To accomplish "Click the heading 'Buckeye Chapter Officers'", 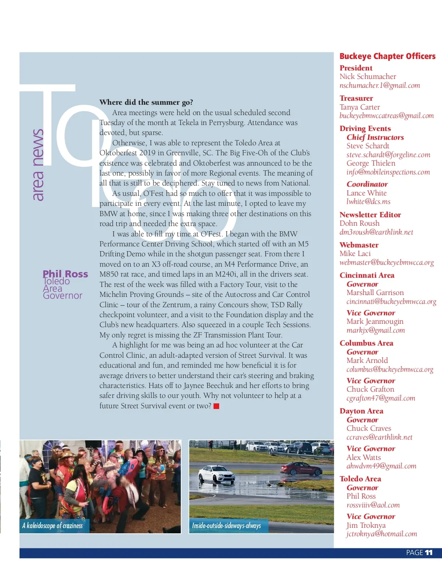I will [x=387, y=56].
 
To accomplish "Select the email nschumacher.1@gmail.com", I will [x=379, y=86].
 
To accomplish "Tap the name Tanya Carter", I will [x=359, y=107].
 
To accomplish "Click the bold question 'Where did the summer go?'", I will [x=146, y=102].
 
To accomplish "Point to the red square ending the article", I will [x=217, y=406].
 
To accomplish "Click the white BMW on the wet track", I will [x=217, y=474].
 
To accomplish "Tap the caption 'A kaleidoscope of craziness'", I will [x=52, y=526].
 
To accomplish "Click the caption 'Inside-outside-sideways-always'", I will [x=226, y=526].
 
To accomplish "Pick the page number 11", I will [x=428, y=552].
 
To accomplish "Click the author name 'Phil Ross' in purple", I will [x=65, y=274].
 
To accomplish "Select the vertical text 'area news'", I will [x=38, y=165].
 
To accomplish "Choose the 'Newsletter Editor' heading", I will [x=370, y=215].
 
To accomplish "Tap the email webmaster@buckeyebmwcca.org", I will [x=386, y=262].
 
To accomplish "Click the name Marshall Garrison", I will [x=375, y=292].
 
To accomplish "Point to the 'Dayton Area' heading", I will [x=361, y=411].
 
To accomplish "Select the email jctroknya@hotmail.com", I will [x=382, y=534].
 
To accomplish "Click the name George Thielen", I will [x=371, y=163].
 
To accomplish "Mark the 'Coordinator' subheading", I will [x=367, y=184].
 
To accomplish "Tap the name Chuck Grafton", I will [x=370, y=389].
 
